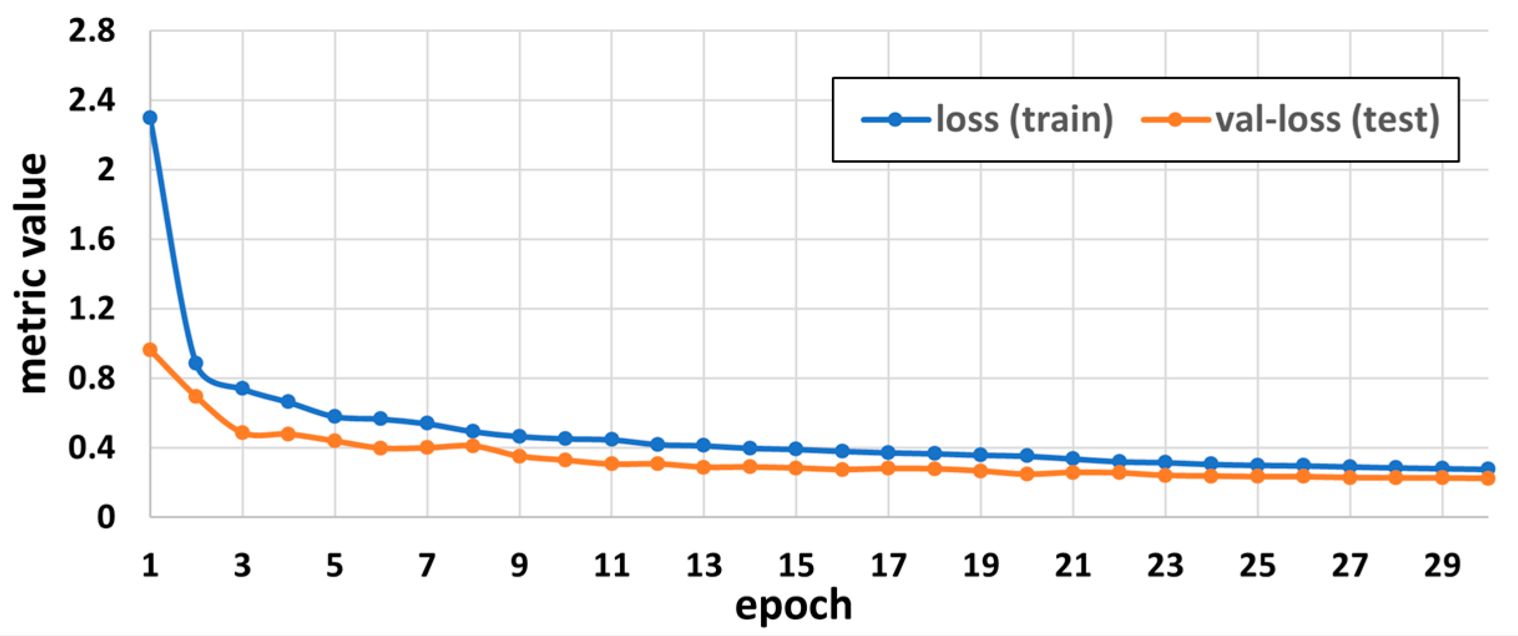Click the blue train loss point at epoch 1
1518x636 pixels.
click(x=150, y=117)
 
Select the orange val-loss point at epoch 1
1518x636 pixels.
click(x=150, y=350)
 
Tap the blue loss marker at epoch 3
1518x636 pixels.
click(x=242, y=388)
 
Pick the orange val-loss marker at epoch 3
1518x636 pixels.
click(x=242, y=433)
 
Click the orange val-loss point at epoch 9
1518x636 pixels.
click(x=519, y=456)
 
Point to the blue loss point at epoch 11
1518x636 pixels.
click(x=611, y=440)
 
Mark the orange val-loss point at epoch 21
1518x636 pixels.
click(x=1073, y=473)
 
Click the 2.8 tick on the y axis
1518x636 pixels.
click(x=92, y=31)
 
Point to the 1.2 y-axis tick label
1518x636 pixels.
click(x=92, y=309)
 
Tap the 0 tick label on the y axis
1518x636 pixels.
click(x=105, y=517)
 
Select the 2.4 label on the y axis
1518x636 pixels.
click(x=92, y=100)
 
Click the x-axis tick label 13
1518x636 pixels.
click(x=704, y=566)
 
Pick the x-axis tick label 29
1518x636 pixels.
click(x=1442, y=566)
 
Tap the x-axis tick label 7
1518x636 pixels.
click(x=427, y=566)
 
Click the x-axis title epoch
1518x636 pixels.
click(x=793, y=606)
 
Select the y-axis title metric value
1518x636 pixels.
click(x=32, y=273)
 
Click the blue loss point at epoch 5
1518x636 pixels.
click(x=335, y=417)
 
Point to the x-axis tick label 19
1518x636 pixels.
click(x=981, y=566)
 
